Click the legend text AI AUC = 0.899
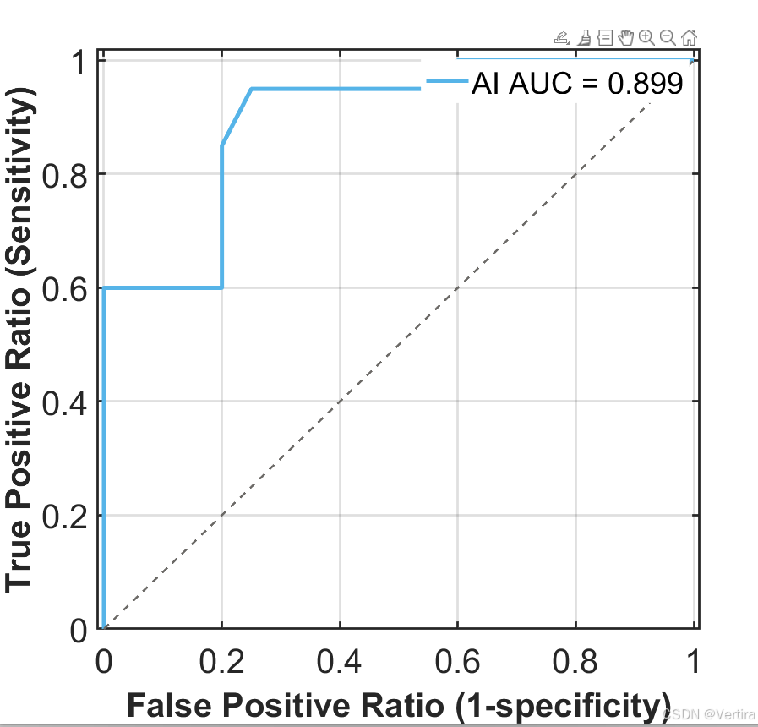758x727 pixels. click(577, 84)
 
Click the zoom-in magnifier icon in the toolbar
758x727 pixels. click(646, 36)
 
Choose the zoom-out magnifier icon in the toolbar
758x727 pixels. click(668, 36)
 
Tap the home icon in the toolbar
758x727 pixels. click(689, 36)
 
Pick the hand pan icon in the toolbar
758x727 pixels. click(625, 36)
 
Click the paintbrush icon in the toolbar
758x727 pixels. click(584, 36)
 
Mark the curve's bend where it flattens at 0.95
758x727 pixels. click(251, 89)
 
